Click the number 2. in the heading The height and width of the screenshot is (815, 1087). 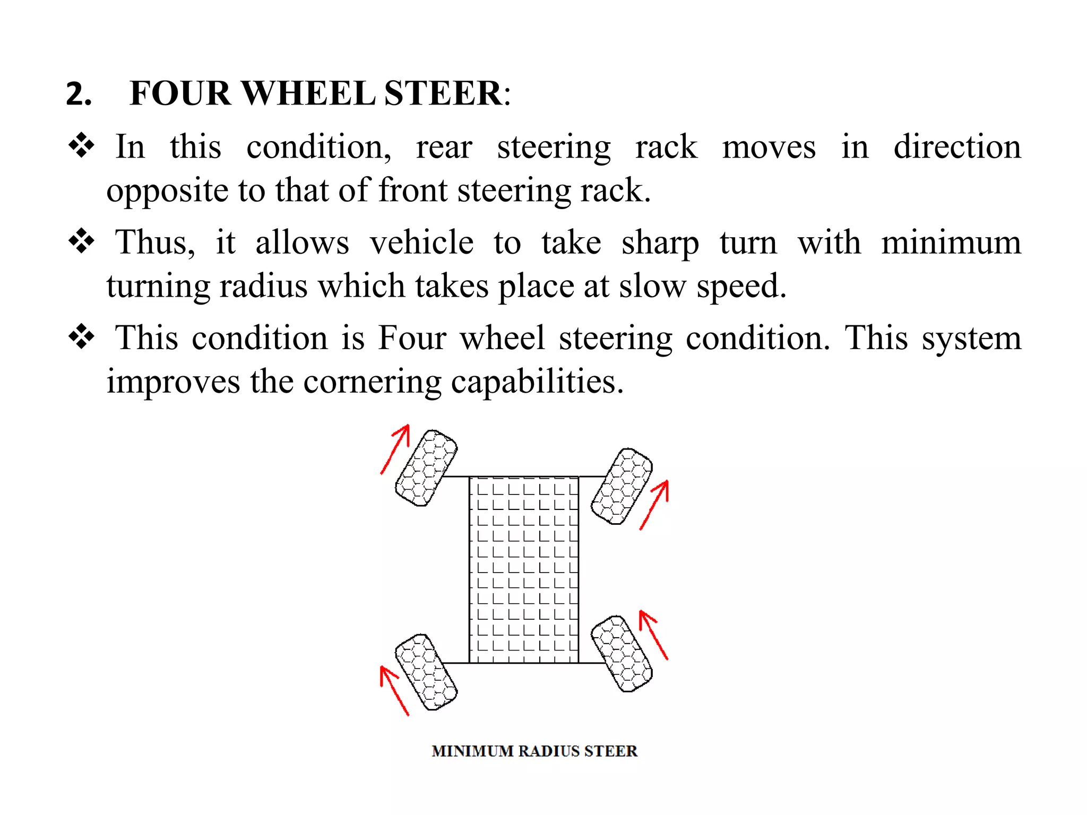coord(79,94)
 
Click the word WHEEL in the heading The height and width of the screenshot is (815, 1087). coord(308,94)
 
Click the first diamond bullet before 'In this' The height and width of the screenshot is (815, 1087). coord(81,145)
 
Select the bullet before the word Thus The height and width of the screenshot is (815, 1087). coord(81,241)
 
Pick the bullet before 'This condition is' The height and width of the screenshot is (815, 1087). coord(81,337)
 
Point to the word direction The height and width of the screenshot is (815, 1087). coord(957,147)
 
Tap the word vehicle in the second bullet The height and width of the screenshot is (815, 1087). coord(421,243)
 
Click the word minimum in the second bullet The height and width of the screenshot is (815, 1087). coord(951,243)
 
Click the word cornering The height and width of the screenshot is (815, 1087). coord(372,383)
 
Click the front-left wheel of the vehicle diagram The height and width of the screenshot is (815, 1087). coord(426,468)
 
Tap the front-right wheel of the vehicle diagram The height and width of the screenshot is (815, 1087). coord(622,487)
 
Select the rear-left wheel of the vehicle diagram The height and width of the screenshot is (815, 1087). coord(426,672)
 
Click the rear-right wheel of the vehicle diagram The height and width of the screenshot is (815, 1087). coord(622,654)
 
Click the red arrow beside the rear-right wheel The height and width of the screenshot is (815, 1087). coord(653,635)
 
